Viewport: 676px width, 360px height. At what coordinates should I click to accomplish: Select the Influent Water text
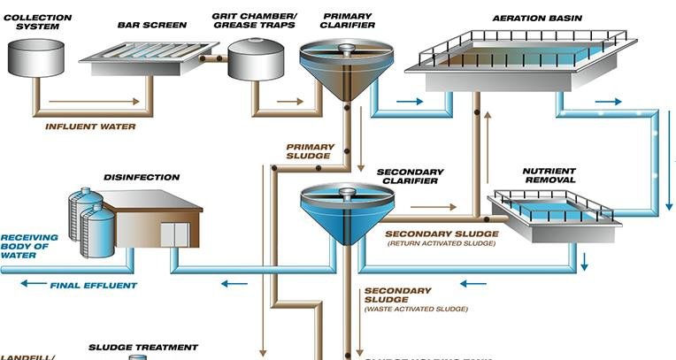coord(91,126)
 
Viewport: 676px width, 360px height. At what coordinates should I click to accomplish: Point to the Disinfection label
coord(142,177)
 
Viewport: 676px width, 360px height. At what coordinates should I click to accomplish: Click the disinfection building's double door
coord(174,234)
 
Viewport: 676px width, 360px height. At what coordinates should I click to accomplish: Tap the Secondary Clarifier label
coord(407,176)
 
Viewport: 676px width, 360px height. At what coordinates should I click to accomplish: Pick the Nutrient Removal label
coord(549,175)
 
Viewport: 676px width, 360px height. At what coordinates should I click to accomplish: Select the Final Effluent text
coord(94,285)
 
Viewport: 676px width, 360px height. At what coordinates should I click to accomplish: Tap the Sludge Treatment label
coord(143,348)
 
